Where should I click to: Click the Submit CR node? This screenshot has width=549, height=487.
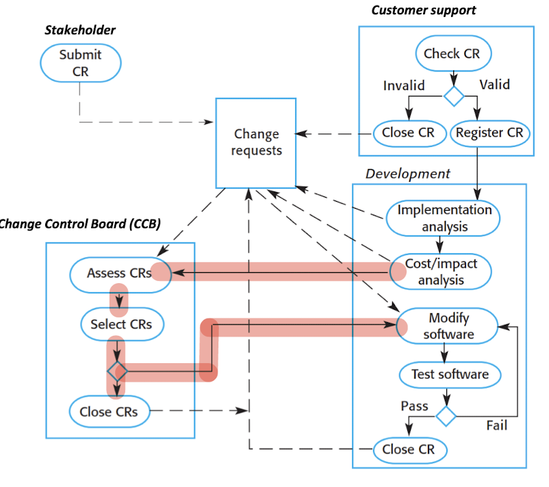[x=80, y=63]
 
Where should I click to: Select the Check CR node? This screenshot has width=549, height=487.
[x=452, y=53]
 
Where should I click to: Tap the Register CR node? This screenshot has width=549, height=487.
[x=489, y=133]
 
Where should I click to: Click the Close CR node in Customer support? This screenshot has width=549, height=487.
[x=408, y=133]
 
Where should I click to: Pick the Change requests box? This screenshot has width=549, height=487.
[x=256, y=142]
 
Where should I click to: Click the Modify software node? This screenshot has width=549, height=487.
[x=448, y=326]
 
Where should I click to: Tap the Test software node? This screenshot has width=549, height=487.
[x=450, y=374]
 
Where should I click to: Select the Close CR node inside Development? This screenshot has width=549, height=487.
[x=408, y=449]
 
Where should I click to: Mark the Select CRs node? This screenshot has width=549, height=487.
[x=122, y=324]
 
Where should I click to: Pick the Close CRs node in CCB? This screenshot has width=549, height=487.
[x=109, y=411]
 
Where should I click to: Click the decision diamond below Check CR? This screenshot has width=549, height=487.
[x=452, y=95]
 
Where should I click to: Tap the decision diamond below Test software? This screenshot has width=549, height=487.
[x=446, y=415]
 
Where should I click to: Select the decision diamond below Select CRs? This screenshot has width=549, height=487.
[x=118, y=372]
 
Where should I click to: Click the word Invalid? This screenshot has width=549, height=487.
[x=404, y=85]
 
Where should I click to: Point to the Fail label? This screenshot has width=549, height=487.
[x=496, y=425]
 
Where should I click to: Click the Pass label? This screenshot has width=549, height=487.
[x=414, y=406]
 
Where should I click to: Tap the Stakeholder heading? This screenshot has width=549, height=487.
[x=80, y=29]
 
